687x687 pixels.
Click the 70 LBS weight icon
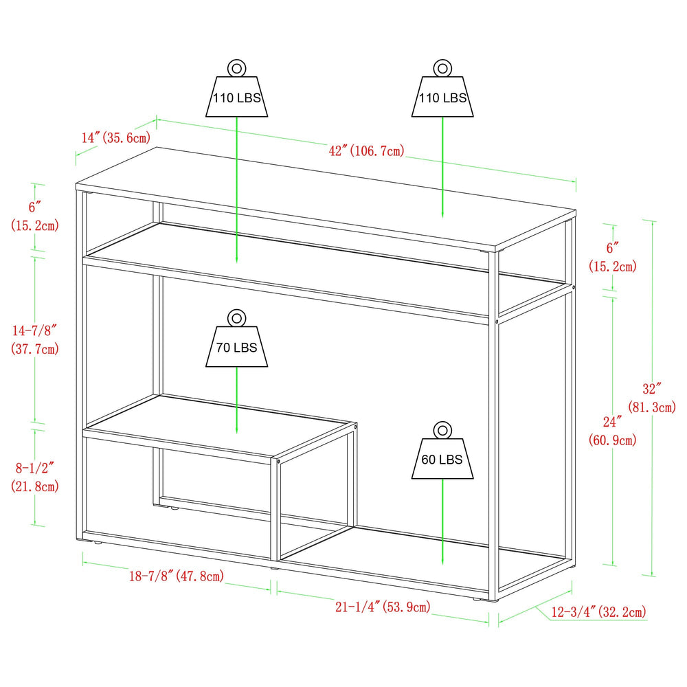237,347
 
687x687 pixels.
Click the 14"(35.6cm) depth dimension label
115,137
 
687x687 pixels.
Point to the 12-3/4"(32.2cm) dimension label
598,611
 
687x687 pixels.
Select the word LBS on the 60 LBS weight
451,460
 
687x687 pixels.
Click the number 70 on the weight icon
223,348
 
